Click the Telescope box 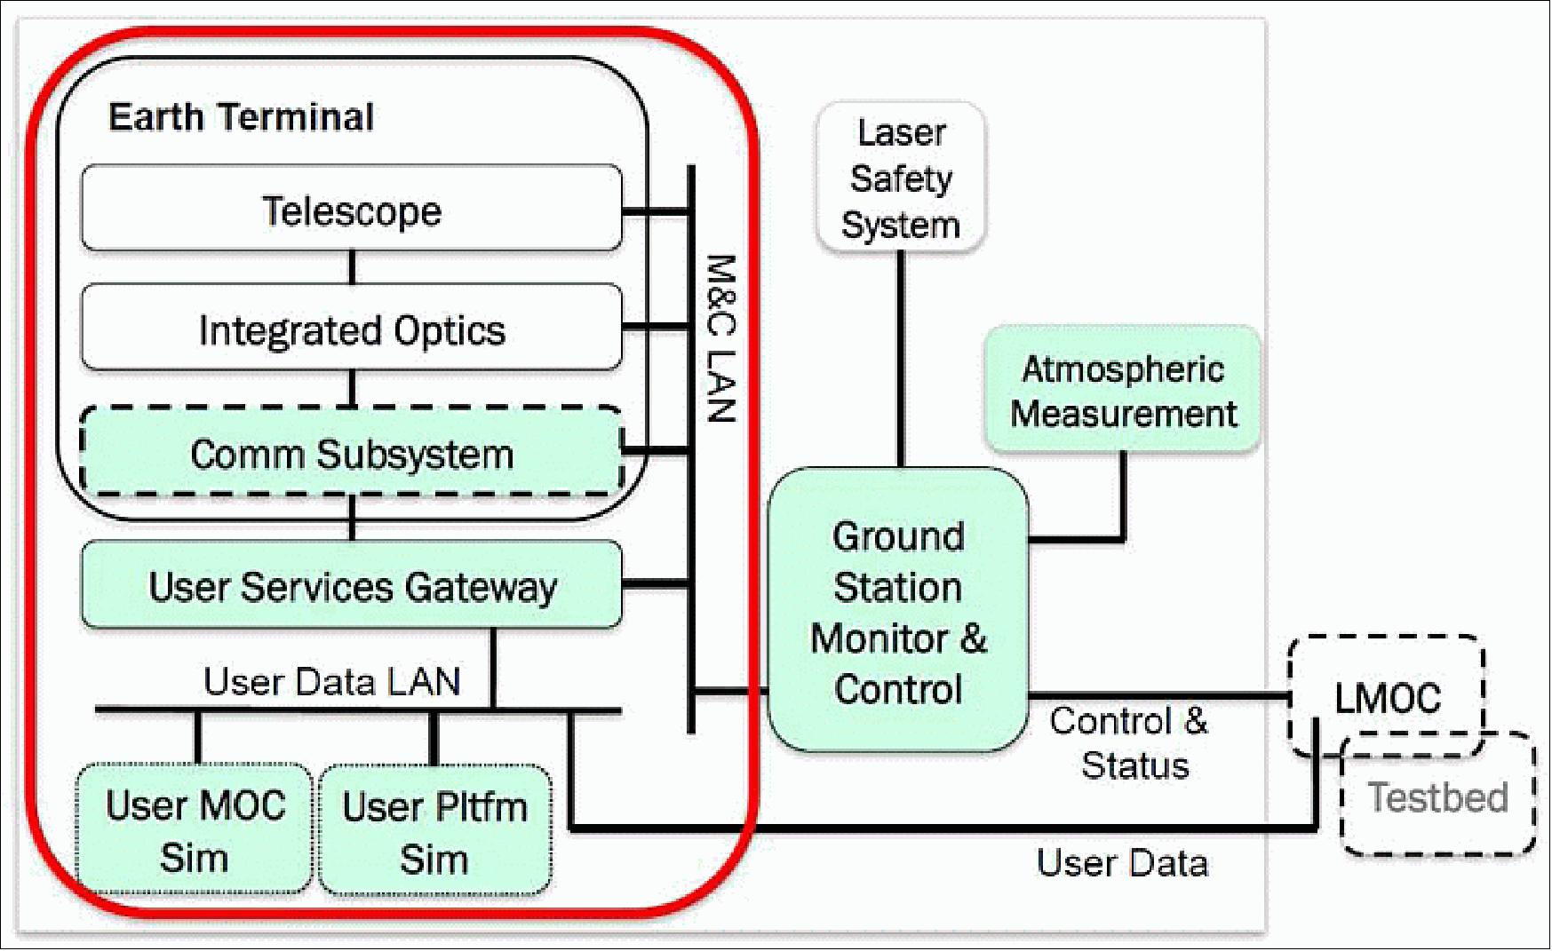tap(352, 210)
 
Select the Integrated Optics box tap(352, 329)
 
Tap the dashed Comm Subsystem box tap(352, 453)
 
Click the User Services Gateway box tap(352, 586)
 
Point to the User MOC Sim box tap(195, 830)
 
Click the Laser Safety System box tap(900, 178)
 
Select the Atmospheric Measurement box tap(1122, 391)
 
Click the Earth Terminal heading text tap(241, 117)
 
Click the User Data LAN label tap(331, 682)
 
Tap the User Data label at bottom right tap(1122, 863)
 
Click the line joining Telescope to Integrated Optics tap(352, 266)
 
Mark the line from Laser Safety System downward tap(900, 355)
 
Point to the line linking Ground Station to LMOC tap(1155, 695)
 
